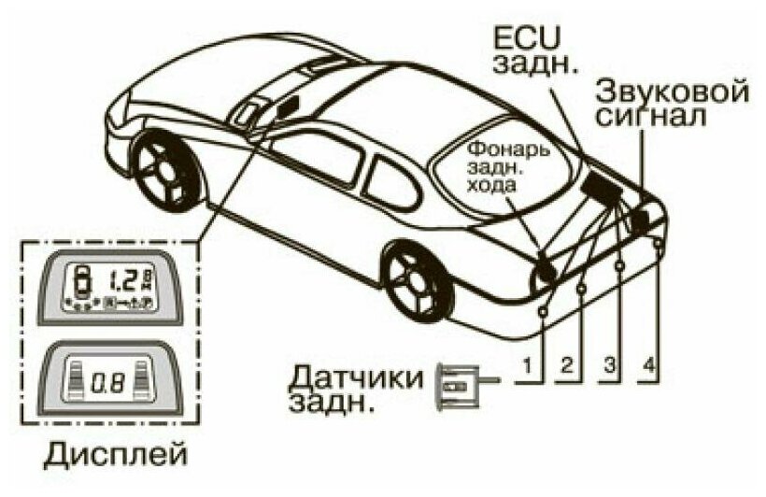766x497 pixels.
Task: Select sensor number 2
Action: (x=582, y=290)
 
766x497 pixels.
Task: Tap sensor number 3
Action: (x=619, y=269)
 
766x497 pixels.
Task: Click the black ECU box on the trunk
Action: (x=598, y=186)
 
